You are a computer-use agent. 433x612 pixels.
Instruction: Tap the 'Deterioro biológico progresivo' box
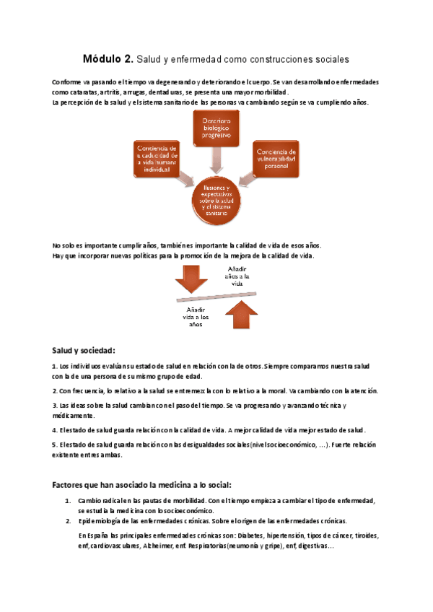215,128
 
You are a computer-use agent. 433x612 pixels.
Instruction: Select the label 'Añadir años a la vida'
237,276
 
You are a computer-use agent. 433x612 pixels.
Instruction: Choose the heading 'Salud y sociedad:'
84,350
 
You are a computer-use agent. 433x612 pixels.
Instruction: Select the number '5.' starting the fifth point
56,445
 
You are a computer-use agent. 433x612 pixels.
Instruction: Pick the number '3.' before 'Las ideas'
56,406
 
